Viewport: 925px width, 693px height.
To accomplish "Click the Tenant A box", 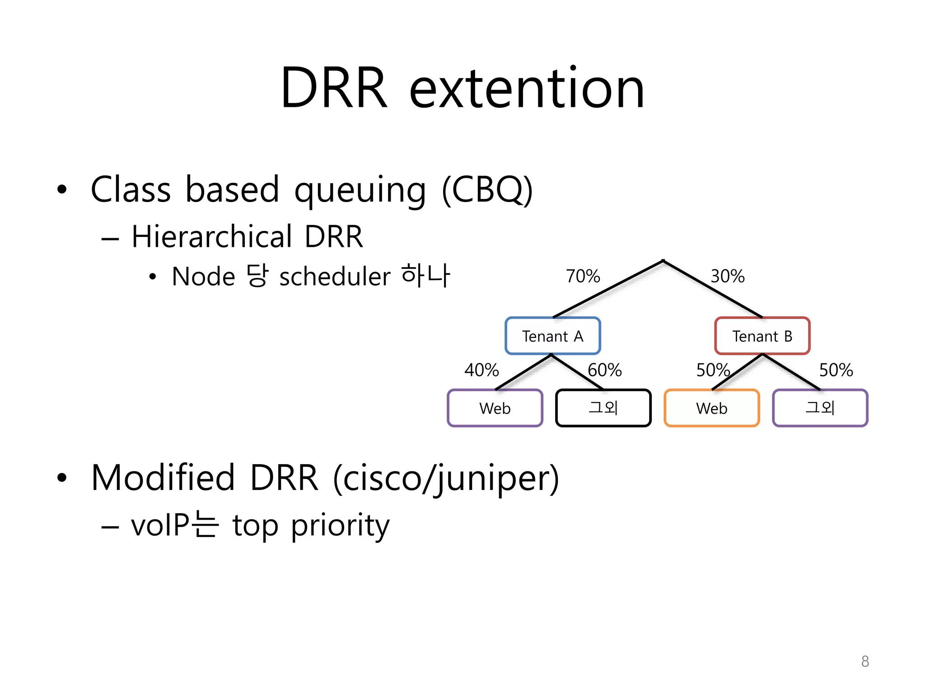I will tap(552, 336).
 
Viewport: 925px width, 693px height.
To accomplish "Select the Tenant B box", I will tap(762, 336).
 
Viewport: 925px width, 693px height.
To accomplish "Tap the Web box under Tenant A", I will tap(495, 408).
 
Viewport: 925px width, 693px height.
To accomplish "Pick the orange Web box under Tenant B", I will tap(711, 408).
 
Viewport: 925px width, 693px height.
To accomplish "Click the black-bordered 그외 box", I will tap(603, 408).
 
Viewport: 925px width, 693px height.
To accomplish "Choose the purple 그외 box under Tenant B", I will tap(820, 408).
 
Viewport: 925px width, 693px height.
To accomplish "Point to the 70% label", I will tap(583, 276).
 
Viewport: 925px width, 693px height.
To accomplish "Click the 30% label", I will tap(727, 276).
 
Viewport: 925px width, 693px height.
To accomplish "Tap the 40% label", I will tap(481, 370).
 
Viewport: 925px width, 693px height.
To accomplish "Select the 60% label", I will tap(604, 370).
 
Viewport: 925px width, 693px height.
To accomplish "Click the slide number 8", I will tap(865, 661).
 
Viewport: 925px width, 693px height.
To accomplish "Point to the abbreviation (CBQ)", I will tap(487, 189).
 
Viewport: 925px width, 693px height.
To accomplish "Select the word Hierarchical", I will tap(212, 236).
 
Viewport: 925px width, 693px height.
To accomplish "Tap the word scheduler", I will tap(335, 277).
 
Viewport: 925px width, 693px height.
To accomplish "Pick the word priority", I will tap(340, 526).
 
